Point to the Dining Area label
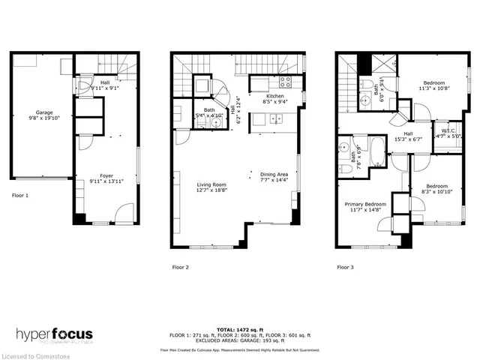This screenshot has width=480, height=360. click(x=274, y=174)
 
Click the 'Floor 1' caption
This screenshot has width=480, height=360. click(x=20, y=195)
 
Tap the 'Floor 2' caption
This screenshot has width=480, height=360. click(x=180, y=266)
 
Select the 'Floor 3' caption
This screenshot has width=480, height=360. click(x=345, y=266)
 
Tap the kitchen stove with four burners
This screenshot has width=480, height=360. click(x=286, y=82)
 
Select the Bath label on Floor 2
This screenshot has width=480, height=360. click(x=209, y=113)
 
